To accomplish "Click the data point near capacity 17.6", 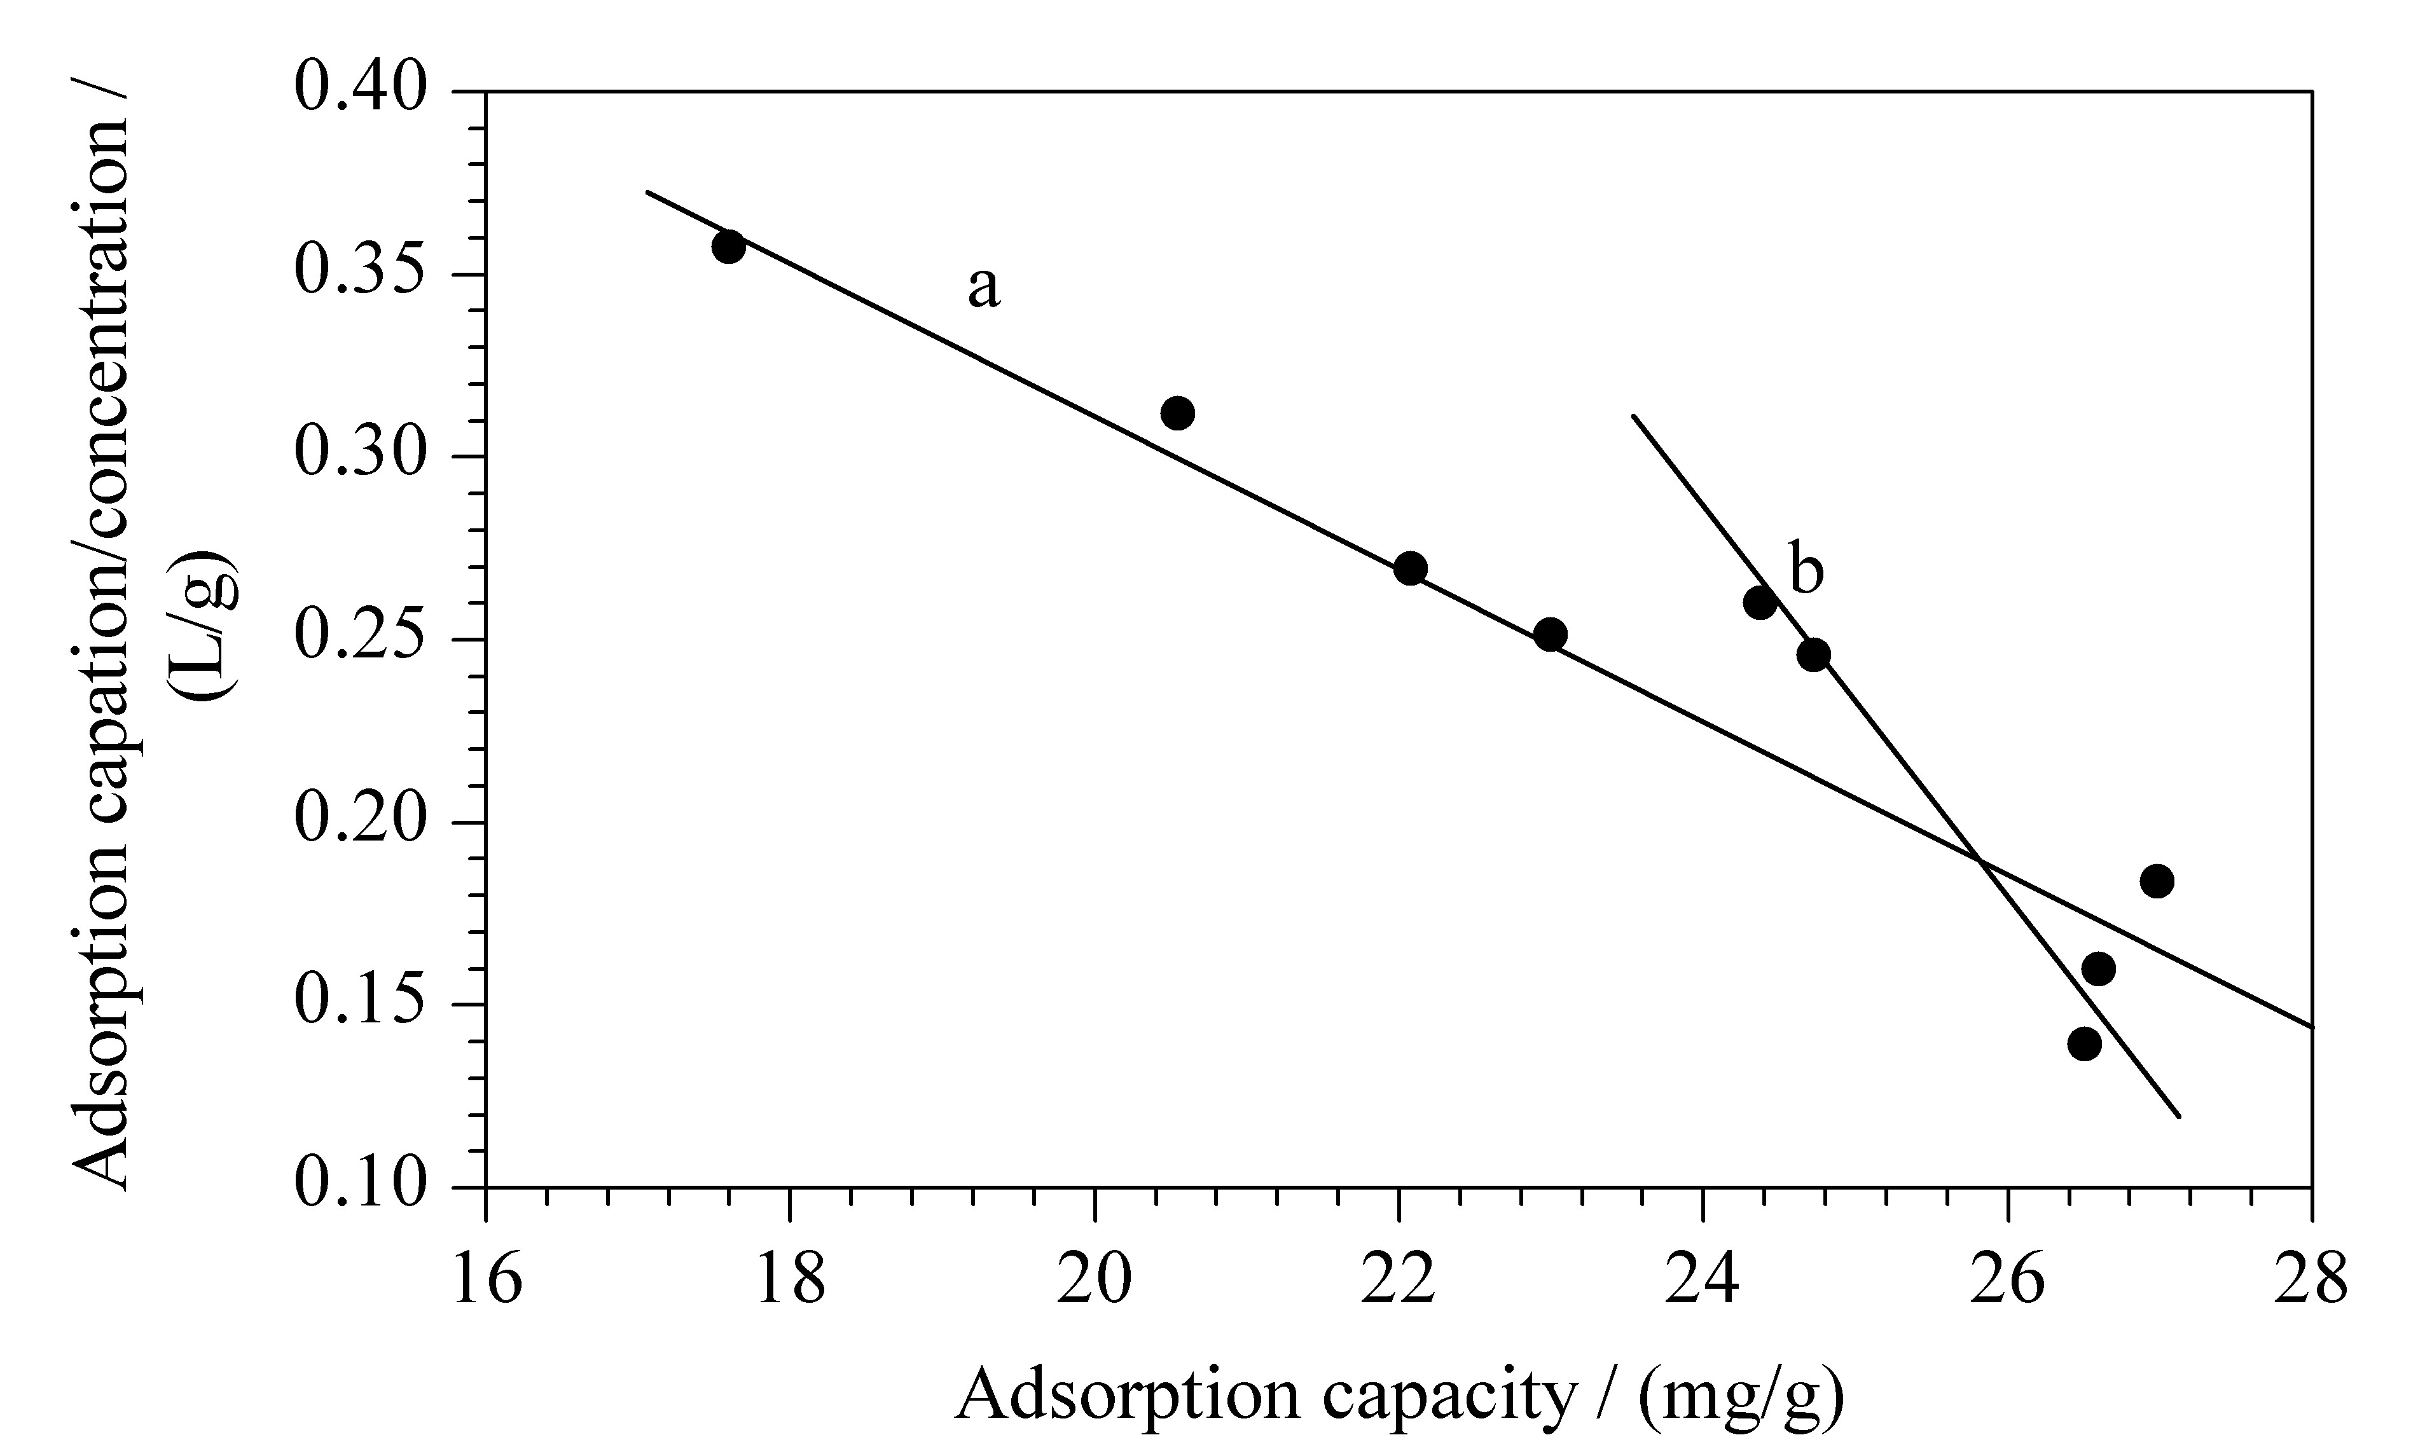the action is tap(728, 247).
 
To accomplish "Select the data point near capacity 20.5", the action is tap(1177, 413).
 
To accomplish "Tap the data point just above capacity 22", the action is tap(1411, 568).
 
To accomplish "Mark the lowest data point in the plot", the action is tap(2085, 1045).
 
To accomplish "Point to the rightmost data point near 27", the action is tap(2157, 881).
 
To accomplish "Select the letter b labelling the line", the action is tap(1807, 572).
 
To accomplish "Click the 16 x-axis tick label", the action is tap(485, 1280).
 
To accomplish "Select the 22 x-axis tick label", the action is tap(1399, 1280).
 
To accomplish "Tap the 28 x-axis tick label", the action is tap(2311, 1280).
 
